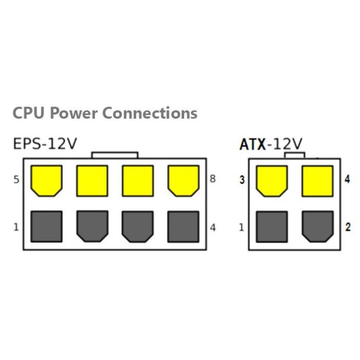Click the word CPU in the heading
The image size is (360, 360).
[29, 113]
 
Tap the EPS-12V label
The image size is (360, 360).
[45, 144]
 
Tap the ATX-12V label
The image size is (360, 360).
[271, 144]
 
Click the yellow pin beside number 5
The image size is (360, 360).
[46, 180]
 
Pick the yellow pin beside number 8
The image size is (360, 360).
[183, 180]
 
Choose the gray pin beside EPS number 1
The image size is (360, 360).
[46, 226]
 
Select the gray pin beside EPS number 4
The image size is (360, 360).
[183, 226]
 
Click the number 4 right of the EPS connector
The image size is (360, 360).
[213, 227]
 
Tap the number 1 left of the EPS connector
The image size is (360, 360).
[16, 227]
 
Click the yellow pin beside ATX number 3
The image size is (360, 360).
[272, 181]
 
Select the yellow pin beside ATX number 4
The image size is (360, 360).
[317, 181]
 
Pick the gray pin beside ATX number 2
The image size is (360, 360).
[317, 226]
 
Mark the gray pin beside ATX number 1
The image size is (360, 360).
[272, 226]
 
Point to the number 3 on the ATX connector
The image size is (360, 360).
[242, 181]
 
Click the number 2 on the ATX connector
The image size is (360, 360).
[348, 227]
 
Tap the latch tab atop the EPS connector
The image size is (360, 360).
[114, 155]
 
